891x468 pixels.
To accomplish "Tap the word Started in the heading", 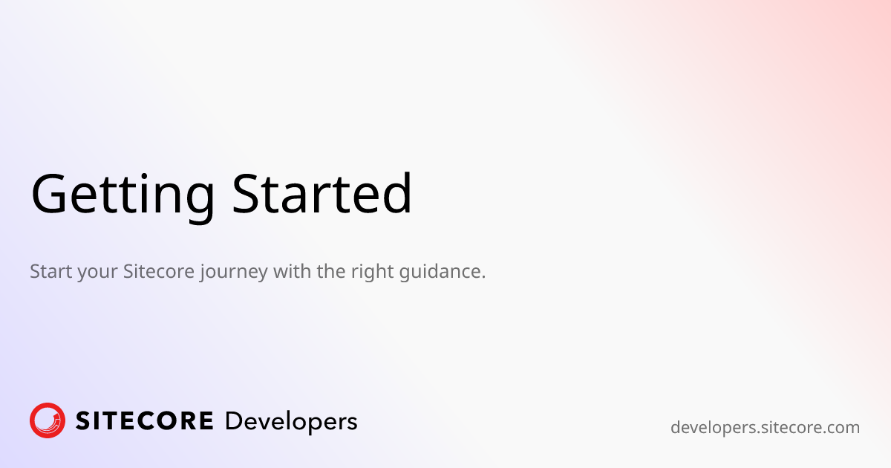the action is [322, 193].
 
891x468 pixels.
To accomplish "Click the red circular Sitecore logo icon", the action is [48, 420].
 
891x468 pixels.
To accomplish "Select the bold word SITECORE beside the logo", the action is [144, 421].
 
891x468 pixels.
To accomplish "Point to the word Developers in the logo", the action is [291, 423].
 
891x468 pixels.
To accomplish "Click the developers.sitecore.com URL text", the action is [765, 428].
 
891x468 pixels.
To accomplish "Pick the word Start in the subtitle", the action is [51, 271].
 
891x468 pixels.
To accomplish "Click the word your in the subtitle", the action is [97, 274].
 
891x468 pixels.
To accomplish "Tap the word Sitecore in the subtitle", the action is [159, 271].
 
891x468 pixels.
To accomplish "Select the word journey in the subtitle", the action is [234, 273].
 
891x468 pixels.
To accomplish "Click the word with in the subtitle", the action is [293, 271].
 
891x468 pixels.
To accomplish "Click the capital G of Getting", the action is [48, 193].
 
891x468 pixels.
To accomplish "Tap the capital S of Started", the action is [245, 193].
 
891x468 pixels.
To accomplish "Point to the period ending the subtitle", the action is [483, 277].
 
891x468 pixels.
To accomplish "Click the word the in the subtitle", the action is [331, 271].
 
